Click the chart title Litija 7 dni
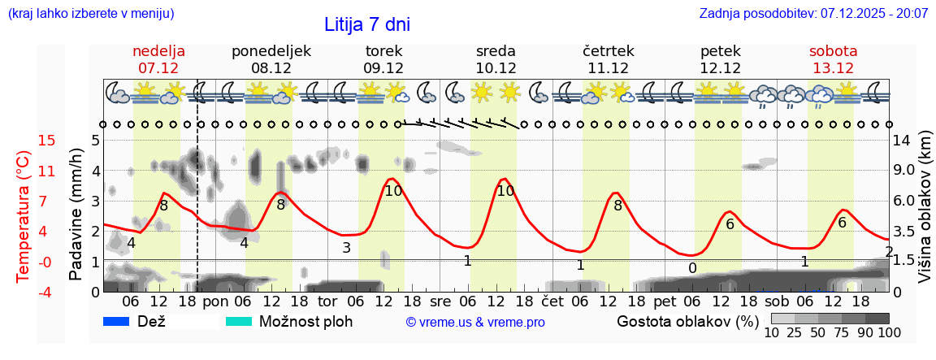(367, 24)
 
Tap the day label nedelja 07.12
(158, 59)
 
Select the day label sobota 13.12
(833, 59)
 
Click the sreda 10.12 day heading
(496, 59)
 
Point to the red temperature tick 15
(24, 141)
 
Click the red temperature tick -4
(24, 291)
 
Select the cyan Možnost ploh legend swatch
(240, 321)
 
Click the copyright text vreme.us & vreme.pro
(475, 322)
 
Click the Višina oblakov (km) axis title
(925, 215)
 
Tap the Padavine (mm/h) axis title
(76, 215)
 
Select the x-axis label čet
(552, 302)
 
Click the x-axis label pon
(215, 302)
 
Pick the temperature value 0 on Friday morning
(692, 268)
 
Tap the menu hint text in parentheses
(90, 14)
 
